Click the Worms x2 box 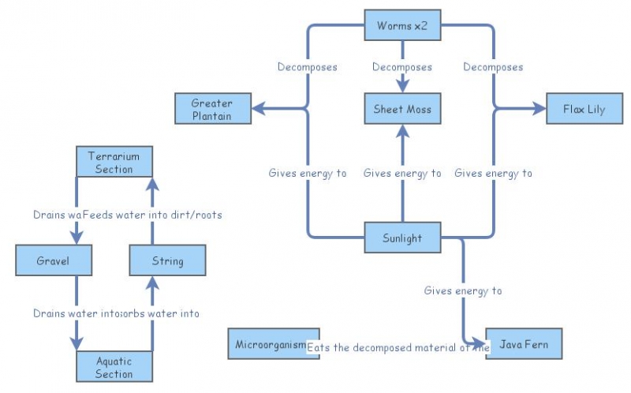tap(402, 25)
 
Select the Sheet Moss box tap(402, 109)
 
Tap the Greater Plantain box tap(213, 109)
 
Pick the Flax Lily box tap(584, 109)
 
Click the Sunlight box tap(402, 238)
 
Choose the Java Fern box tap(525, 344)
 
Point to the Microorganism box tap(273, 344)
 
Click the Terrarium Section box tap(114, 162)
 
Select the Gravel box tap(54, 260)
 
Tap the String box tap(167, 260)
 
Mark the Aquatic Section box tap(114, 367)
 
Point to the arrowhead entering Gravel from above tap(77, 238)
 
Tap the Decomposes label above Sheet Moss tap(402, 67)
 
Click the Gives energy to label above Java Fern tap(463, 290)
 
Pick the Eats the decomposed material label tap(398, 347)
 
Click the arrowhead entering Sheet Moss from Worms tap(402, 87)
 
